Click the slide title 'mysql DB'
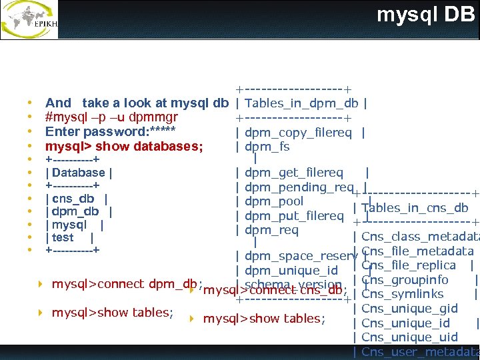click(425, 15)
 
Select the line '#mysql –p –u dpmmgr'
click(111, 118)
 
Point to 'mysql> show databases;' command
click(124, 146)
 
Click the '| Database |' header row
click(78, 173)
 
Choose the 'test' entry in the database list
click(63, 237)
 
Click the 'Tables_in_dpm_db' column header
click(302, 103)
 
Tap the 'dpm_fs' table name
click(267, 147)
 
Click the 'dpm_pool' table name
click(274, 201)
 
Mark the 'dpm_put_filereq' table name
click(294, 216)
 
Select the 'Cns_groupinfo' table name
click(405, 280)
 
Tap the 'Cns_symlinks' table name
click(402, 294)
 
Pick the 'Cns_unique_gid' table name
click(409, 309)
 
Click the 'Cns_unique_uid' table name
click(409, 337)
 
